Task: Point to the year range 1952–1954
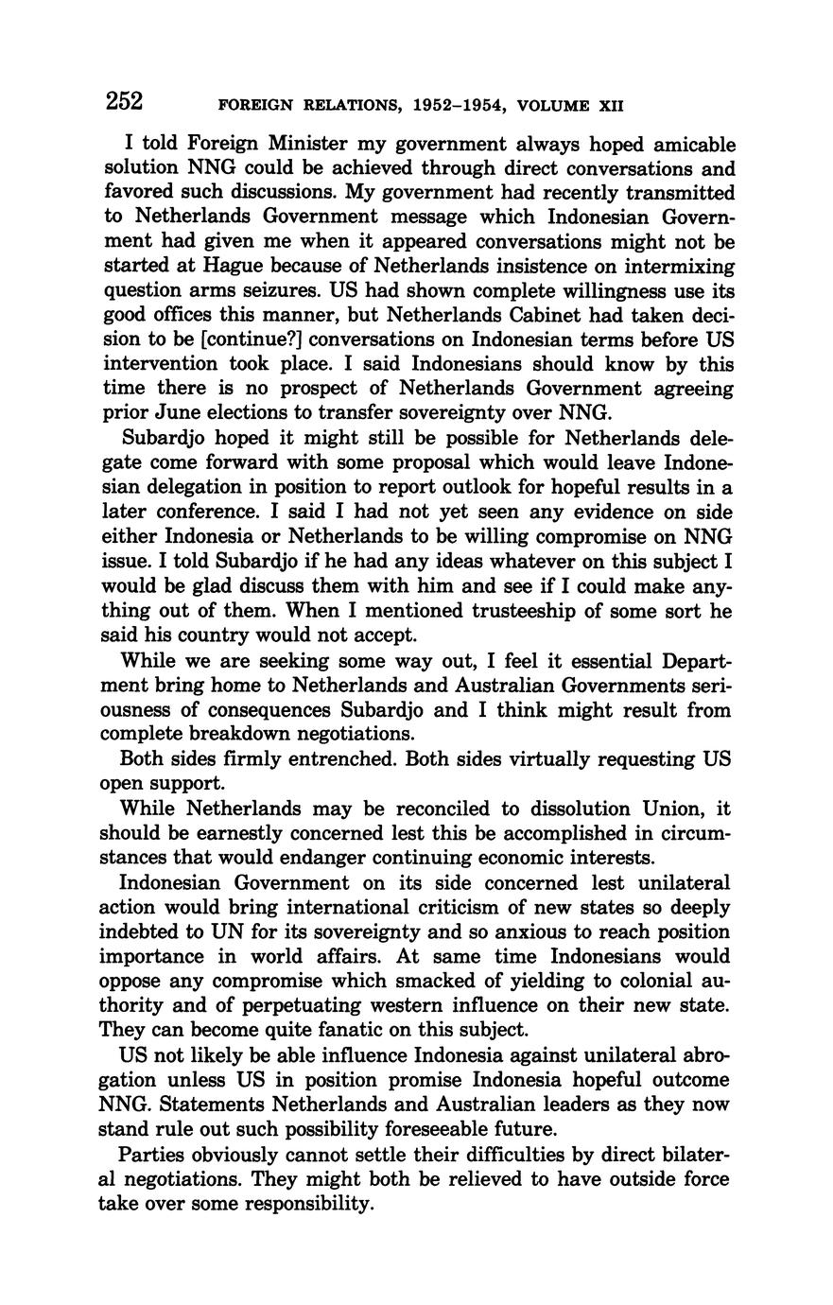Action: (457, 104)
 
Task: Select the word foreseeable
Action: (443, 1128)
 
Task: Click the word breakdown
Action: (269, 734)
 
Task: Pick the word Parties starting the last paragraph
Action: (151, 1156)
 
